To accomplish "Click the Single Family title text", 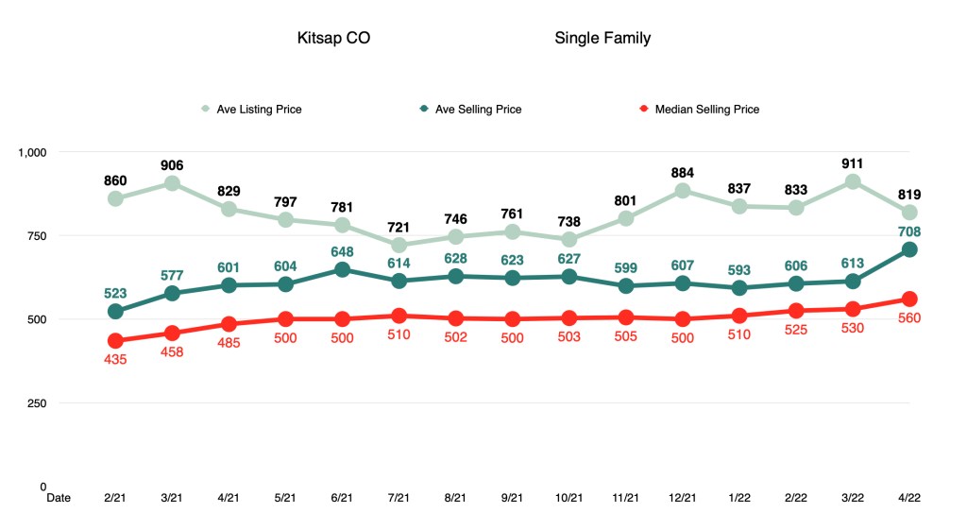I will [x=602, y=39].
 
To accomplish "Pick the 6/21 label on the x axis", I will [x=342, y=496].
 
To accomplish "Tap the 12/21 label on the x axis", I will [x=683, y=496].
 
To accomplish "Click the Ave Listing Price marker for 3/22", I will [x=853, y=181].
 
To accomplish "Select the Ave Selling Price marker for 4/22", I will [x=909, y=249].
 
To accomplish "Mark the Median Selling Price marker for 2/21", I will [x=115, y=341].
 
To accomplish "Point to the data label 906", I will [x=172, y=165].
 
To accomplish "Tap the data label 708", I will [x=909, y=231].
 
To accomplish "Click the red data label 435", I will [x=115, y=359].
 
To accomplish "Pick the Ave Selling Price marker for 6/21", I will [x=342, y=269].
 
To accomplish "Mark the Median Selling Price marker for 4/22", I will [x=909, y=299].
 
